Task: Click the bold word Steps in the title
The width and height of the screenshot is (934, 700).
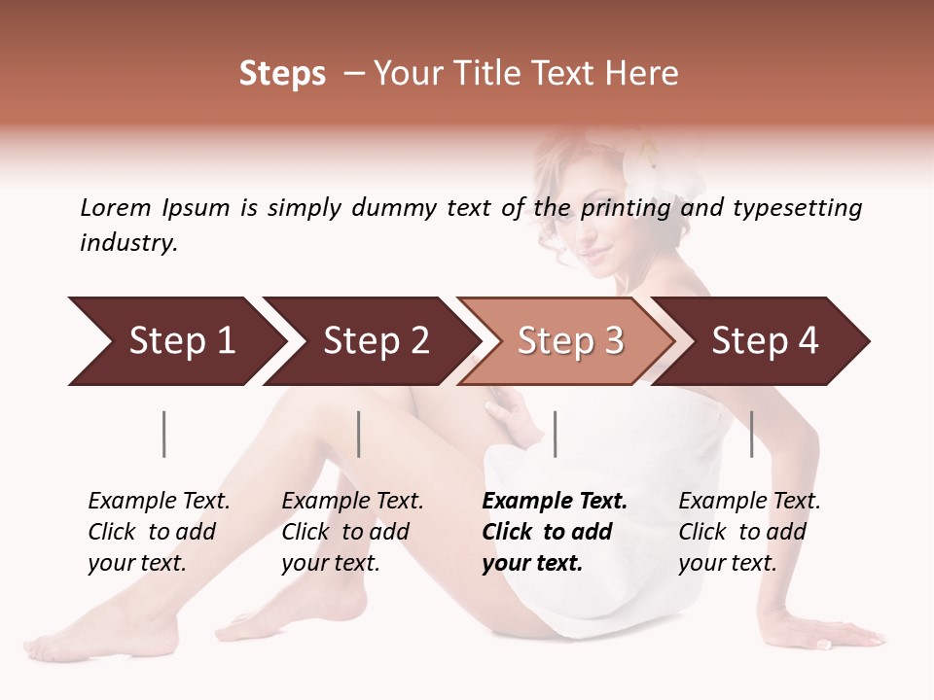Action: pyautogui.click(x=282, y=74)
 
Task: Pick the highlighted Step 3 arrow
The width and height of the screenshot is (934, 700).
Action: pyautogui.click(x=570, y=341)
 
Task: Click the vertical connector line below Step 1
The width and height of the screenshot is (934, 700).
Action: pyautogui.click(x=164, y=434)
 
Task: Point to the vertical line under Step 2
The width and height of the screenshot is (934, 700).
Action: pyautogui.click(x=359, y=434)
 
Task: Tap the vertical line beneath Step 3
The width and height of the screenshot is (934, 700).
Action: pyautogui.click(x=556, y=434)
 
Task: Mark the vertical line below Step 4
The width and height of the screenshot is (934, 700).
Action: pyautogui.click(x=752, y=434)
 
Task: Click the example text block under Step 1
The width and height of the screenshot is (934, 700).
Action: pyautogui.click(x=159, y=532)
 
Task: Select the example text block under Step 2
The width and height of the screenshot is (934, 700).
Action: pyautogui.click(x=352, y=532)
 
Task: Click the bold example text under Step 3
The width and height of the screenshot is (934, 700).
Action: pyautogui.click(x=555, y=532)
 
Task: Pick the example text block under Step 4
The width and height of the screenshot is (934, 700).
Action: pyautogui.click(x=749, y=532)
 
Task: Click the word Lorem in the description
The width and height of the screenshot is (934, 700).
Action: pyautogui.click(x=115, y=207)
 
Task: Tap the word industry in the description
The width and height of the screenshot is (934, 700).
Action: pyautogui.click(x=128, y=243)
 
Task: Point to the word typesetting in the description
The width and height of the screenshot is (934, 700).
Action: pyautogui.click(x=797, y=207)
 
